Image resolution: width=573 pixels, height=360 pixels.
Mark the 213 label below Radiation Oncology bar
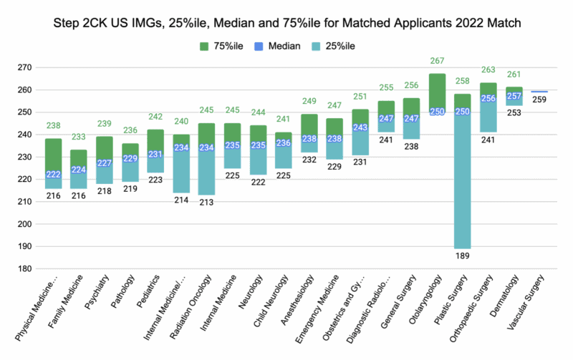(207, 202)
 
